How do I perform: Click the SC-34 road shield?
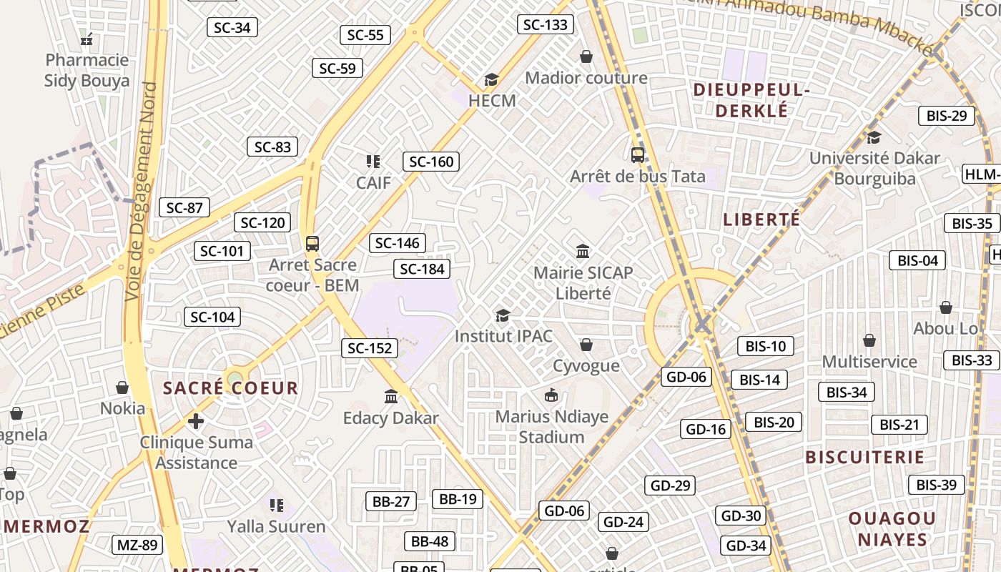232,28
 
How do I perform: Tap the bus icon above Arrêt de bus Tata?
637,154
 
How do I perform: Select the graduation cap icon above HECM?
491,79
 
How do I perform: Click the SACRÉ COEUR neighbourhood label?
230,388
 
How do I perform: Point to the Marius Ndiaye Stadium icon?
551,395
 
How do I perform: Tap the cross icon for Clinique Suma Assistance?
196,420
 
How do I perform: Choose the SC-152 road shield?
370,348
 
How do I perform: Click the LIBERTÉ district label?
761,220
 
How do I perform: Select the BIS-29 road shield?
946,116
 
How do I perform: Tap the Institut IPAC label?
504,335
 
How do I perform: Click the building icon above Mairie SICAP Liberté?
583,251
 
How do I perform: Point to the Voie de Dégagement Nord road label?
141,192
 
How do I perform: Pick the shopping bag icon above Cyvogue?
586,345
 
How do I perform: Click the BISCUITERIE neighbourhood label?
865,457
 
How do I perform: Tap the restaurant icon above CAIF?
373,162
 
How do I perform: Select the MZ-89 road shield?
137,546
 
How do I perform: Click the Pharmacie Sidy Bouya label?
87,70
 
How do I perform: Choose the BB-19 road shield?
457,499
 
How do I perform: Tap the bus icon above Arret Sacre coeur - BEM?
312,243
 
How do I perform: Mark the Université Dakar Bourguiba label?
874,168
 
